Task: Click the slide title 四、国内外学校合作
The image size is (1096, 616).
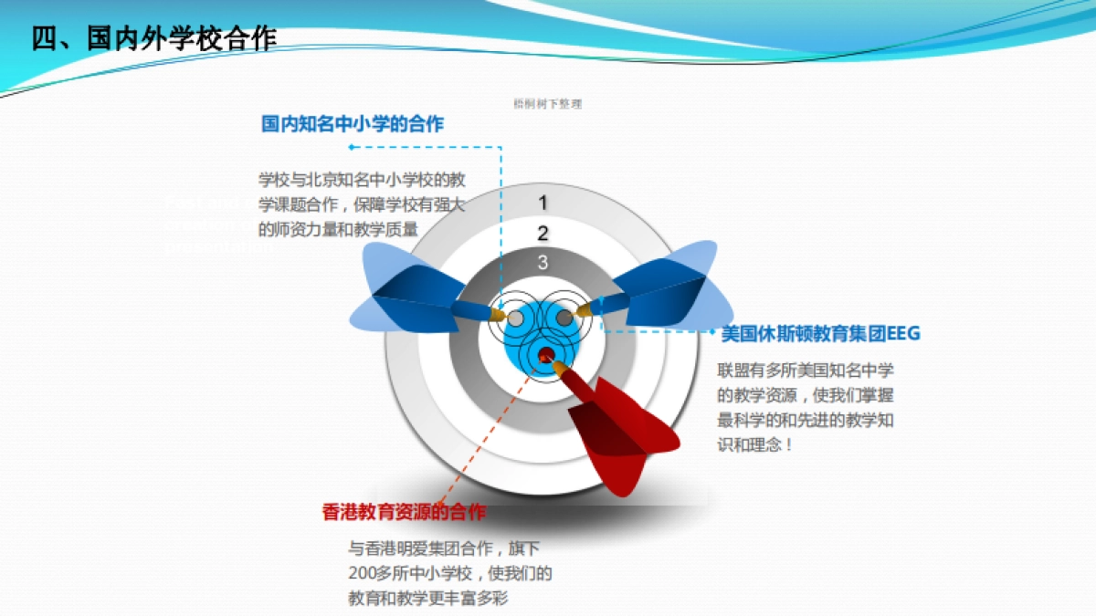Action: (153, 38)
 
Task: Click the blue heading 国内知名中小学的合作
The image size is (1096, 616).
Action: (353, 124)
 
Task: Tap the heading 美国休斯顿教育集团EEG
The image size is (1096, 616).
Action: (820, 334)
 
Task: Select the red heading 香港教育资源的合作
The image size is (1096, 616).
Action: (404, 512)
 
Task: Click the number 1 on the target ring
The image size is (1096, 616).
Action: (543, 204)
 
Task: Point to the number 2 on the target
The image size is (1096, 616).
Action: (543, 234)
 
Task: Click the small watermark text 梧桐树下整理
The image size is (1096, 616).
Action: (548, 104)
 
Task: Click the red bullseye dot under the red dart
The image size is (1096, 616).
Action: (545, 354)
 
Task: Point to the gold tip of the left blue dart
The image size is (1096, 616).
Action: (497, 314)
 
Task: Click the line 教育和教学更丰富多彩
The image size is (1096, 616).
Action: (427, 599)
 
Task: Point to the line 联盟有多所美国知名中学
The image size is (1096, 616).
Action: (806, 371)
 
